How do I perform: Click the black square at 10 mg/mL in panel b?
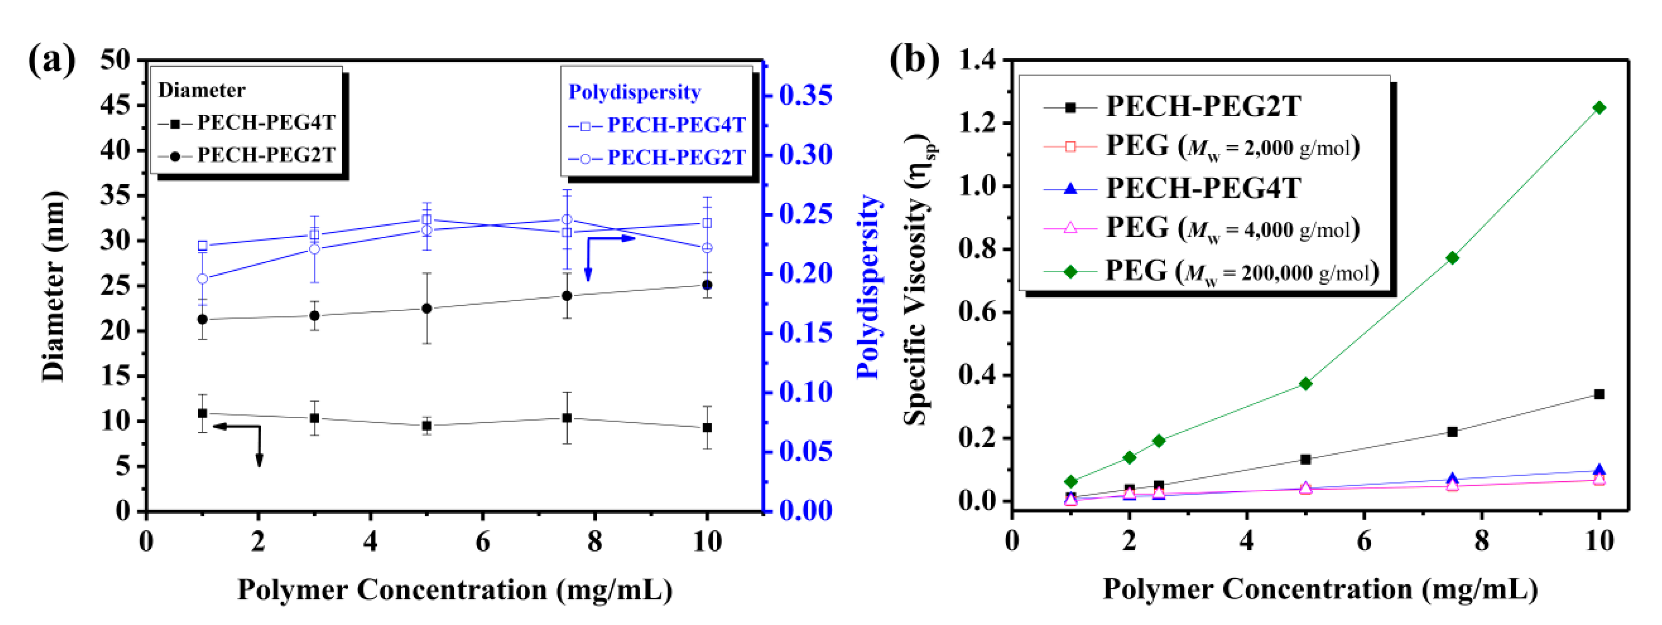click(x=1599, y=394)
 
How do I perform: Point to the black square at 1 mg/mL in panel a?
click(x=203, y=413)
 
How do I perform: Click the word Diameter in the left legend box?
click(x=201, y=90)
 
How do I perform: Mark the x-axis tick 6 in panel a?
click(x=483, y=541)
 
